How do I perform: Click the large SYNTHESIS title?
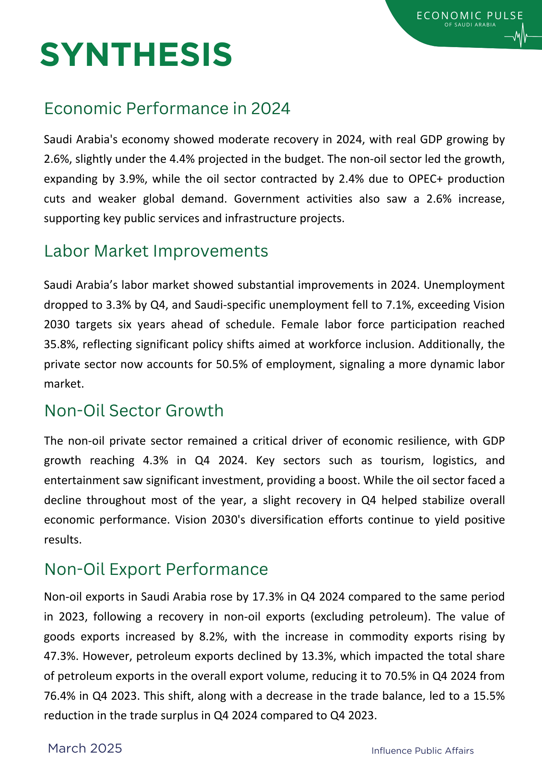point(136,55)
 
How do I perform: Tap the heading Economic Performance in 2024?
point(167,108)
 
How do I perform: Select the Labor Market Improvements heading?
point(156,251)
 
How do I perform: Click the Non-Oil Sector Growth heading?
point(134,410)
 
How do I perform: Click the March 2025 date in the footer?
point(85,748)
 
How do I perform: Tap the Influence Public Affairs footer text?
point(422,751)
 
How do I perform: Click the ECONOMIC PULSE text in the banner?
point(470,16)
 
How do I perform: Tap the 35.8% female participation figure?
point(60,344)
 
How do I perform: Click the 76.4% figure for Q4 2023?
point(59,696)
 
